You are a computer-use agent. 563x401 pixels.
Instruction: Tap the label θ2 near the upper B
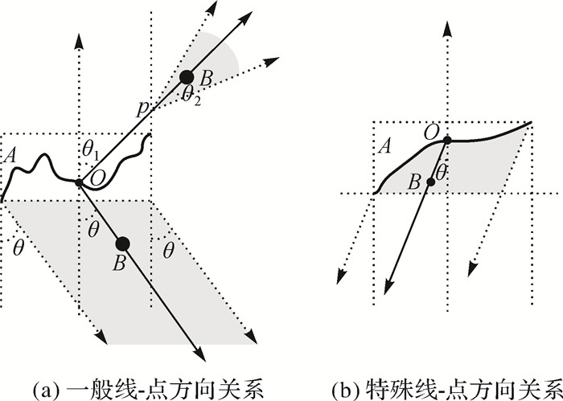tap(190, 96)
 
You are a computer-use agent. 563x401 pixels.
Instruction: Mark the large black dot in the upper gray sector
tap(186, 77)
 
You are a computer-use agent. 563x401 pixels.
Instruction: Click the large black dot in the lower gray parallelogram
tap(122, 243)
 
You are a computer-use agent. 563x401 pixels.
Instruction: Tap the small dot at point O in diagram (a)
tap(79, 183)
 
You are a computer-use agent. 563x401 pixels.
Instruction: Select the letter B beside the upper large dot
tap(206, 79)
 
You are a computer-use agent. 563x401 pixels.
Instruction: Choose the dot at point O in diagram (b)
tap(446, 140)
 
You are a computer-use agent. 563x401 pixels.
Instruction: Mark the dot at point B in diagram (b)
tap(431, 182)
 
